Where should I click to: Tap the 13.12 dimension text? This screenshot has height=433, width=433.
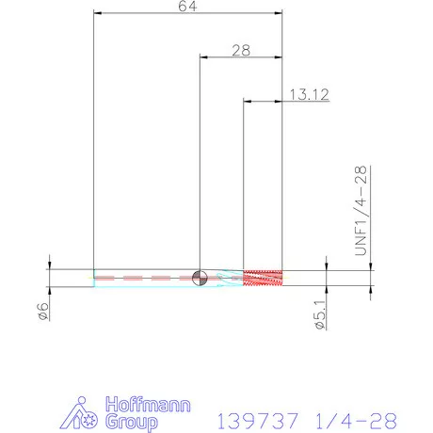pos(309,94)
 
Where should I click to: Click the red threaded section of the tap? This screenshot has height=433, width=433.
pos(264,278)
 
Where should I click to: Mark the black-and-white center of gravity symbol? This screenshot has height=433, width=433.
pos(199,278)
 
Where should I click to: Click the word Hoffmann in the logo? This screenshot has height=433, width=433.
pos(148,406)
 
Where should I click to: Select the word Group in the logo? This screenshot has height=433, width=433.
pos(133,423)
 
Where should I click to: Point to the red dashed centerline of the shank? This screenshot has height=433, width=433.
pos(151,278)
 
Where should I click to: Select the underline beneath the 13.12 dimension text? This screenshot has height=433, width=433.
pos(309,101)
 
